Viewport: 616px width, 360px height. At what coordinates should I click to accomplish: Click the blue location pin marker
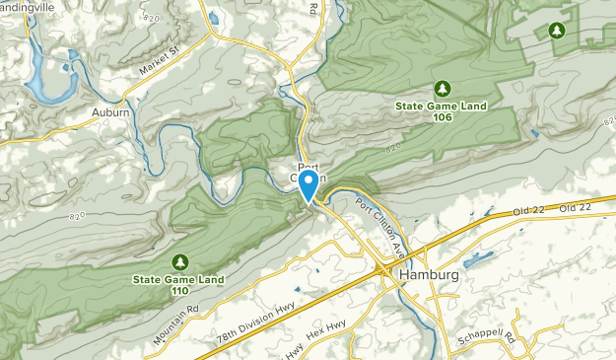coord(308,185)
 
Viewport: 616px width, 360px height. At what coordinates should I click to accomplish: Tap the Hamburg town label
coord(430,275)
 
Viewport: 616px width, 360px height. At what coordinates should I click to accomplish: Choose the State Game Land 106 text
coord(441,110)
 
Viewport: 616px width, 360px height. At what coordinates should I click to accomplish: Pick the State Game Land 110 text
coord(178,285)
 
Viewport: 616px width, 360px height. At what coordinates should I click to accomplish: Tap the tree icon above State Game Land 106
coord(441,87)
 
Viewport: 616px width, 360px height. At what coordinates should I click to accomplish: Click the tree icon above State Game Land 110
coord(179,261)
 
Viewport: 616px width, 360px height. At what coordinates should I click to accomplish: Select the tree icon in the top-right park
coord(558,32)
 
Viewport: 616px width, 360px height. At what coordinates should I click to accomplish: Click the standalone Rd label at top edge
coord(313,8)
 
